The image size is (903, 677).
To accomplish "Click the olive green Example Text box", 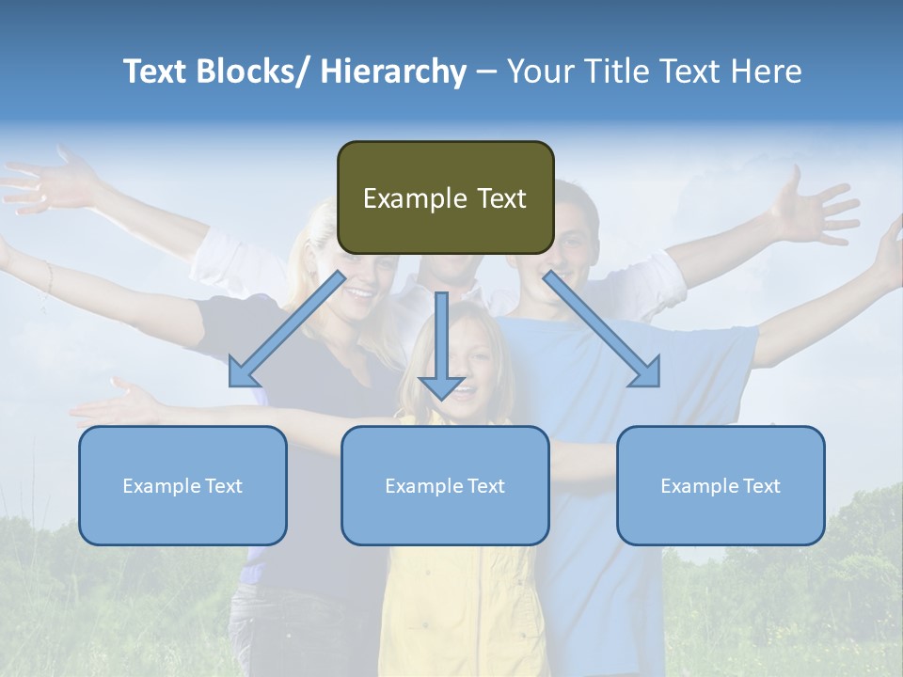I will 445,197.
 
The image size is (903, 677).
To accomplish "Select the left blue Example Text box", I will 182,485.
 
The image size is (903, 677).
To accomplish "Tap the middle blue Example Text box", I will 445,485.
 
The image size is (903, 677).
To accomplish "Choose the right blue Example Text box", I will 721,485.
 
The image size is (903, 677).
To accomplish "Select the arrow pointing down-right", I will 602,330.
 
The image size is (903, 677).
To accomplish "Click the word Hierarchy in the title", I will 393,71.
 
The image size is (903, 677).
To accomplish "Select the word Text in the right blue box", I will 761,485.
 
